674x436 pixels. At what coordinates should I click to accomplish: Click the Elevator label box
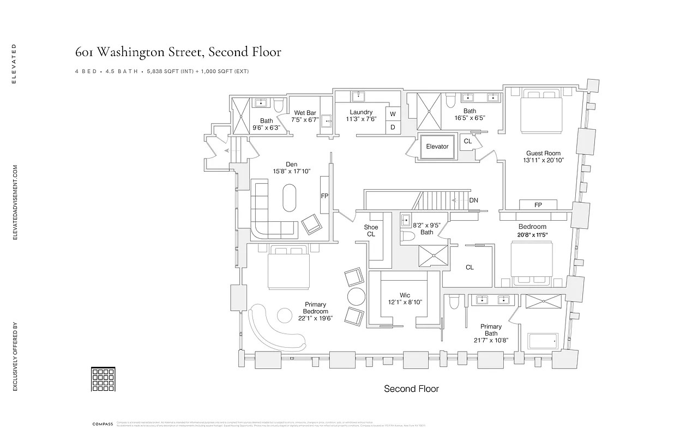[437, 147]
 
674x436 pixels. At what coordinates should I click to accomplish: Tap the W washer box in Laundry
[392, 114]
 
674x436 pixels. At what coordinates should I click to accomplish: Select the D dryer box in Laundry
[392, 127]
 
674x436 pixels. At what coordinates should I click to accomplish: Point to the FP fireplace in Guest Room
[538, 205]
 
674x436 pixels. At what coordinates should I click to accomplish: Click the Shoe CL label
[371, 231]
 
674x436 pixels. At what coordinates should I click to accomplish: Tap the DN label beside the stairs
[473, 201]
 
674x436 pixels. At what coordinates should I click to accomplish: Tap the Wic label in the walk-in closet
[405, 295]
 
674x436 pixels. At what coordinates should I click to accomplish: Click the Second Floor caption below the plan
[411, 389]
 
